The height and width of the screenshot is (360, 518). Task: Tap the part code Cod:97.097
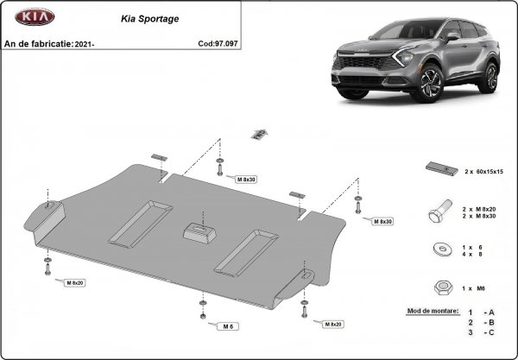[217, 42]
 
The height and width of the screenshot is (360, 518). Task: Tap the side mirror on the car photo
[452, 38]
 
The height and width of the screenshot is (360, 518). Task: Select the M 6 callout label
[228, 326]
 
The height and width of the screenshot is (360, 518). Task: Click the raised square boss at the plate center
[200, 231]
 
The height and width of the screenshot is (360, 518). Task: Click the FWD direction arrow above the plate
[257, 133]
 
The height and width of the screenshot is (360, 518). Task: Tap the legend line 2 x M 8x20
[481, 208]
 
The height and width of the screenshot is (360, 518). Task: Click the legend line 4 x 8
[475, 254]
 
